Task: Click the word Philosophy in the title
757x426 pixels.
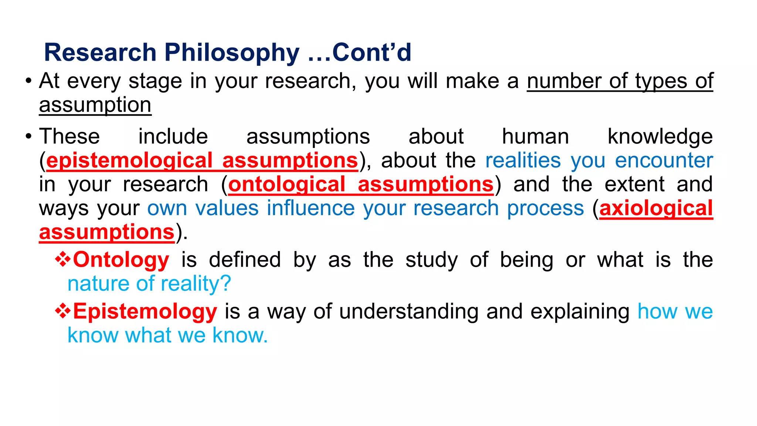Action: (232, 53)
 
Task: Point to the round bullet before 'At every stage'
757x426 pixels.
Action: (28, 81)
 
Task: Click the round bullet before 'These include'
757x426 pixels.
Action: (28, 136)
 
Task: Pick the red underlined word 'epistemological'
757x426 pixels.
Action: (129, 161)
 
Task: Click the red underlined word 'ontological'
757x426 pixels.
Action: (286, 185)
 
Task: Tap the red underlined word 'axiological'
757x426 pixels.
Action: (656, 208)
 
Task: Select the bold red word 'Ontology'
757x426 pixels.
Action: (121, 260)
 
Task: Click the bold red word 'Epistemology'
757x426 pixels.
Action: (145, 311)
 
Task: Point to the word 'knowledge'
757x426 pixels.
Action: (660, 137)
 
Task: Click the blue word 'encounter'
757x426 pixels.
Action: (664, 161)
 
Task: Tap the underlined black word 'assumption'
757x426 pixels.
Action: (95, 105)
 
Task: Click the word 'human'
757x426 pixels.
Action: (535, 137)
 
